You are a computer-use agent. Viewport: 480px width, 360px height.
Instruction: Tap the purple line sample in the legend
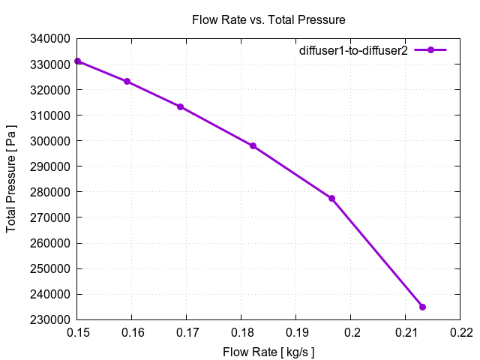430,50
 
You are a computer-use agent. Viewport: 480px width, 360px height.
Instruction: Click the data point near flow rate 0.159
127,81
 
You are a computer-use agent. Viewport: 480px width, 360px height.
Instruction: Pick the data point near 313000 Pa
181,106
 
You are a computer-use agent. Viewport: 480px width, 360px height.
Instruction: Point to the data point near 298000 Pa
253,145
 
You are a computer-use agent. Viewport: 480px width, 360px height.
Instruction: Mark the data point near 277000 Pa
331,198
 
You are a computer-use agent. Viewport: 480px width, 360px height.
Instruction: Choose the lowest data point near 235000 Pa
422,307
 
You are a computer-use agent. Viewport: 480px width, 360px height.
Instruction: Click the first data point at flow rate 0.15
78,61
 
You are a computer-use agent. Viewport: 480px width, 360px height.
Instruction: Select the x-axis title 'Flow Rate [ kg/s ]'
268,351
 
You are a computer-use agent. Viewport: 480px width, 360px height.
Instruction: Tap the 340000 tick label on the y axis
51,39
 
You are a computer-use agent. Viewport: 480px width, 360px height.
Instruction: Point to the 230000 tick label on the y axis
51,320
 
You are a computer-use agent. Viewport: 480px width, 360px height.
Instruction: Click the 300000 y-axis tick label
51,141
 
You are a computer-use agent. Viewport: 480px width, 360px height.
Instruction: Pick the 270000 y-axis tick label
51,218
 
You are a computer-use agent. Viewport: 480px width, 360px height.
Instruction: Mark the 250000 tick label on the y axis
51,269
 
